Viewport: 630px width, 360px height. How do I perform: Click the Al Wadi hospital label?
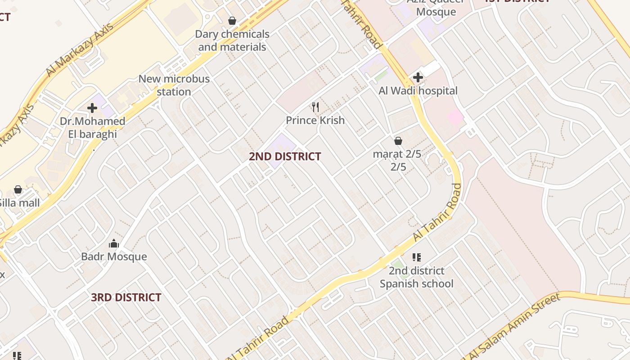point(418,91)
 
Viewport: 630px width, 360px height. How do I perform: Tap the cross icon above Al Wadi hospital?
point(418,77)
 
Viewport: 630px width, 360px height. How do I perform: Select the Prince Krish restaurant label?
point(315,120)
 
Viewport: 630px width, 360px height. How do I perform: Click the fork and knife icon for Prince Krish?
point(315,107)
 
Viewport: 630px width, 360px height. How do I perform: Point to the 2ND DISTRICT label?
point(285,157)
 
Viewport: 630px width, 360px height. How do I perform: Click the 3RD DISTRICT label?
point(126,297)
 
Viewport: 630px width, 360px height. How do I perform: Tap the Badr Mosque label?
point(114,256)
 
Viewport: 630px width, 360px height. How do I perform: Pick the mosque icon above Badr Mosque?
point(114,244)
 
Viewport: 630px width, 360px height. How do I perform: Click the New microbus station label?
point(174,85)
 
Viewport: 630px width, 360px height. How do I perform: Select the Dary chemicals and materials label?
point(232,40)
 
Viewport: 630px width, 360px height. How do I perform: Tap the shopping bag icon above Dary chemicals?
point(232,21)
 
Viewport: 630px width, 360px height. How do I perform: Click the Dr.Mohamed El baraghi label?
point(92,128)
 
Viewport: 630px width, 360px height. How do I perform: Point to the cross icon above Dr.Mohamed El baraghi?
point(92,108)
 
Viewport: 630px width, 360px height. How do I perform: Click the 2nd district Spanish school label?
point(416,277)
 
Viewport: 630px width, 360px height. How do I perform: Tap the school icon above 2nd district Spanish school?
point(417,257)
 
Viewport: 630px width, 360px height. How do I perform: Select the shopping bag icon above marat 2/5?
point(398,141)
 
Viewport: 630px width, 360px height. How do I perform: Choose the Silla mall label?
point(20,203)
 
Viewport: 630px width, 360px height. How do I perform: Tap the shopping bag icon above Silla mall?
point(18,189)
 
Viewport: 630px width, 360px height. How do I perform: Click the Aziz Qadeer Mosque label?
point(436,6)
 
